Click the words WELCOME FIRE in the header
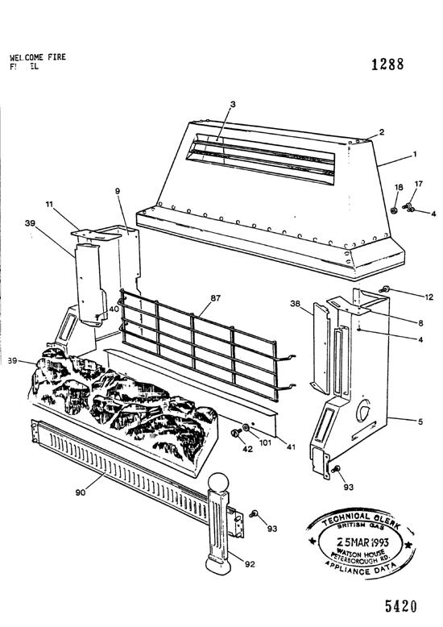pyautogui.click(x=38, y=58)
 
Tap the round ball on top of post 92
pyautogui.click(x=220, y=485)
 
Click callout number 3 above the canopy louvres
pyautogui.click(x=232, y=104)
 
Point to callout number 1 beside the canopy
pyautogui.click(x=416, y=153)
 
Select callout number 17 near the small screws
pyautogui.click(x=418, y=185)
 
